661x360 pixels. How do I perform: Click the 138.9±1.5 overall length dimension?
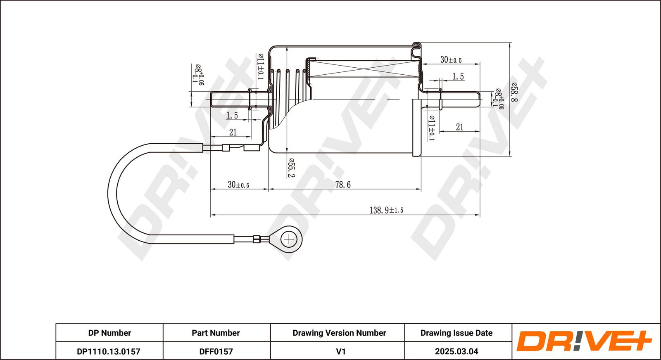point(386,210)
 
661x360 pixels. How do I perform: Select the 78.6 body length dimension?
point(343,185)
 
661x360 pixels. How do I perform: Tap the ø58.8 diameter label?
point(514,92)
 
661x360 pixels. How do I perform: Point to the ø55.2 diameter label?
point(292,168)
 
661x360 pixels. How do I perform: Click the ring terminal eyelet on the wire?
point(288,239)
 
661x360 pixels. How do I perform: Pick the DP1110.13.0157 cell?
point(109,351)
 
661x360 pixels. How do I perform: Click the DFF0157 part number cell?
point(216,351)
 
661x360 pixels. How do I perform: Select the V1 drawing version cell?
point(341,351)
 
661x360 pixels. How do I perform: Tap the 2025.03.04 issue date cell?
point(457,351)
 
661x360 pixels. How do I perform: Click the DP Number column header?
point(109,333)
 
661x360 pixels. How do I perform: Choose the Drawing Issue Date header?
point(457,333)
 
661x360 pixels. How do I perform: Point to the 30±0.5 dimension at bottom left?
point(238,185)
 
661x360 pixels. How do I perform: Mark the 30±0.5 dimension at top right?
point(451,60)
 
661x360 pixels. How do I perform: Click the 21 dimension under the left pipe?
point(233,132)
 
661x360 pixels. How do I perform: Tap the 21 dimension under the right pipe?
point(460,127)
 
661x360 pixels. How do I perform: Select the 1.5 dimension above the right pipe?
point(458,76)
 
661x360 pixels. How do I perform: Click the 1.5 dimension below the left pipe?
point(232,115)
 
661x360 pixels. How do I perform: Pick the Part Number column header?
point(216,333)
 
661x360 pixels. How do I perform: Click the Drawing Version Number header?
point(339,333)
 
